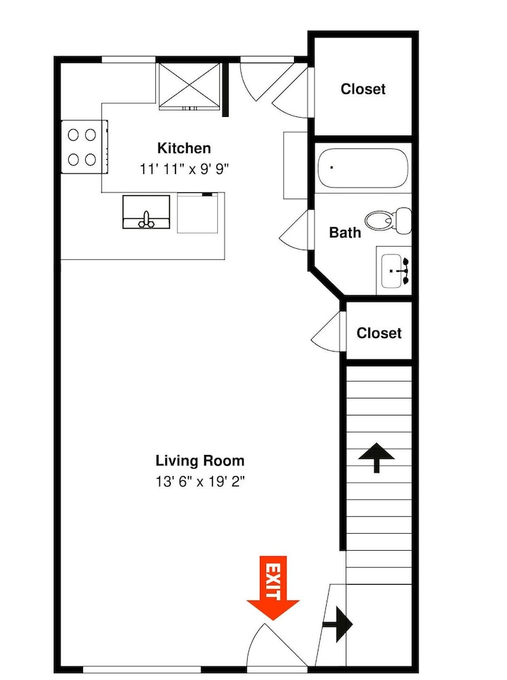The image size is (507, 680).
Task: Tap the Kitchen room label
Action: point(184,148)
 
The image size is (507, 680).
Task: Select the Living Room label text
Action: point(200,460)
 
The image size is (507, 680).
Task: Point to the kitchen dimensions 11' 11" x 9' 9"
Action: point(184,169)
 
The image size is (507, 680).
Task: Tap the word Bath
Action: point(345,233)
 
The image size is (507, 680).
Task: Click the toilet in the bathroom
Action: point(388,220)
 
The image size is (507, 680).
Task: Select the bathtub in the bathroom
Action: point(363,168)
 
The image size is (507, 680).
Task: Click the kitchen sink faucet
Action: point(146,220)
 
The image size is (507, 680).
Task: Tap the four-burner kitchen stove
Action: point(84,147)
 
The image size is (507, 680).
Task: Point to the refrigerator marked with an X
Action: point(190,86)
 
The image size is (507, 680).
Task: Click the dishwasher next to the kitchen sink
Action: point(197,212)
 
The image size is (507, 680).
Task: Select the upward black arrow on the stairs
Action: point(376,458)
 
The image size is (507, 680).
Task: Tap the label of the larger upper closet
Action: point(363,89)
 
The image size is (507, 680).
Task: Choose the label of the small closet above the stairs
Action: point(379,333)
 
